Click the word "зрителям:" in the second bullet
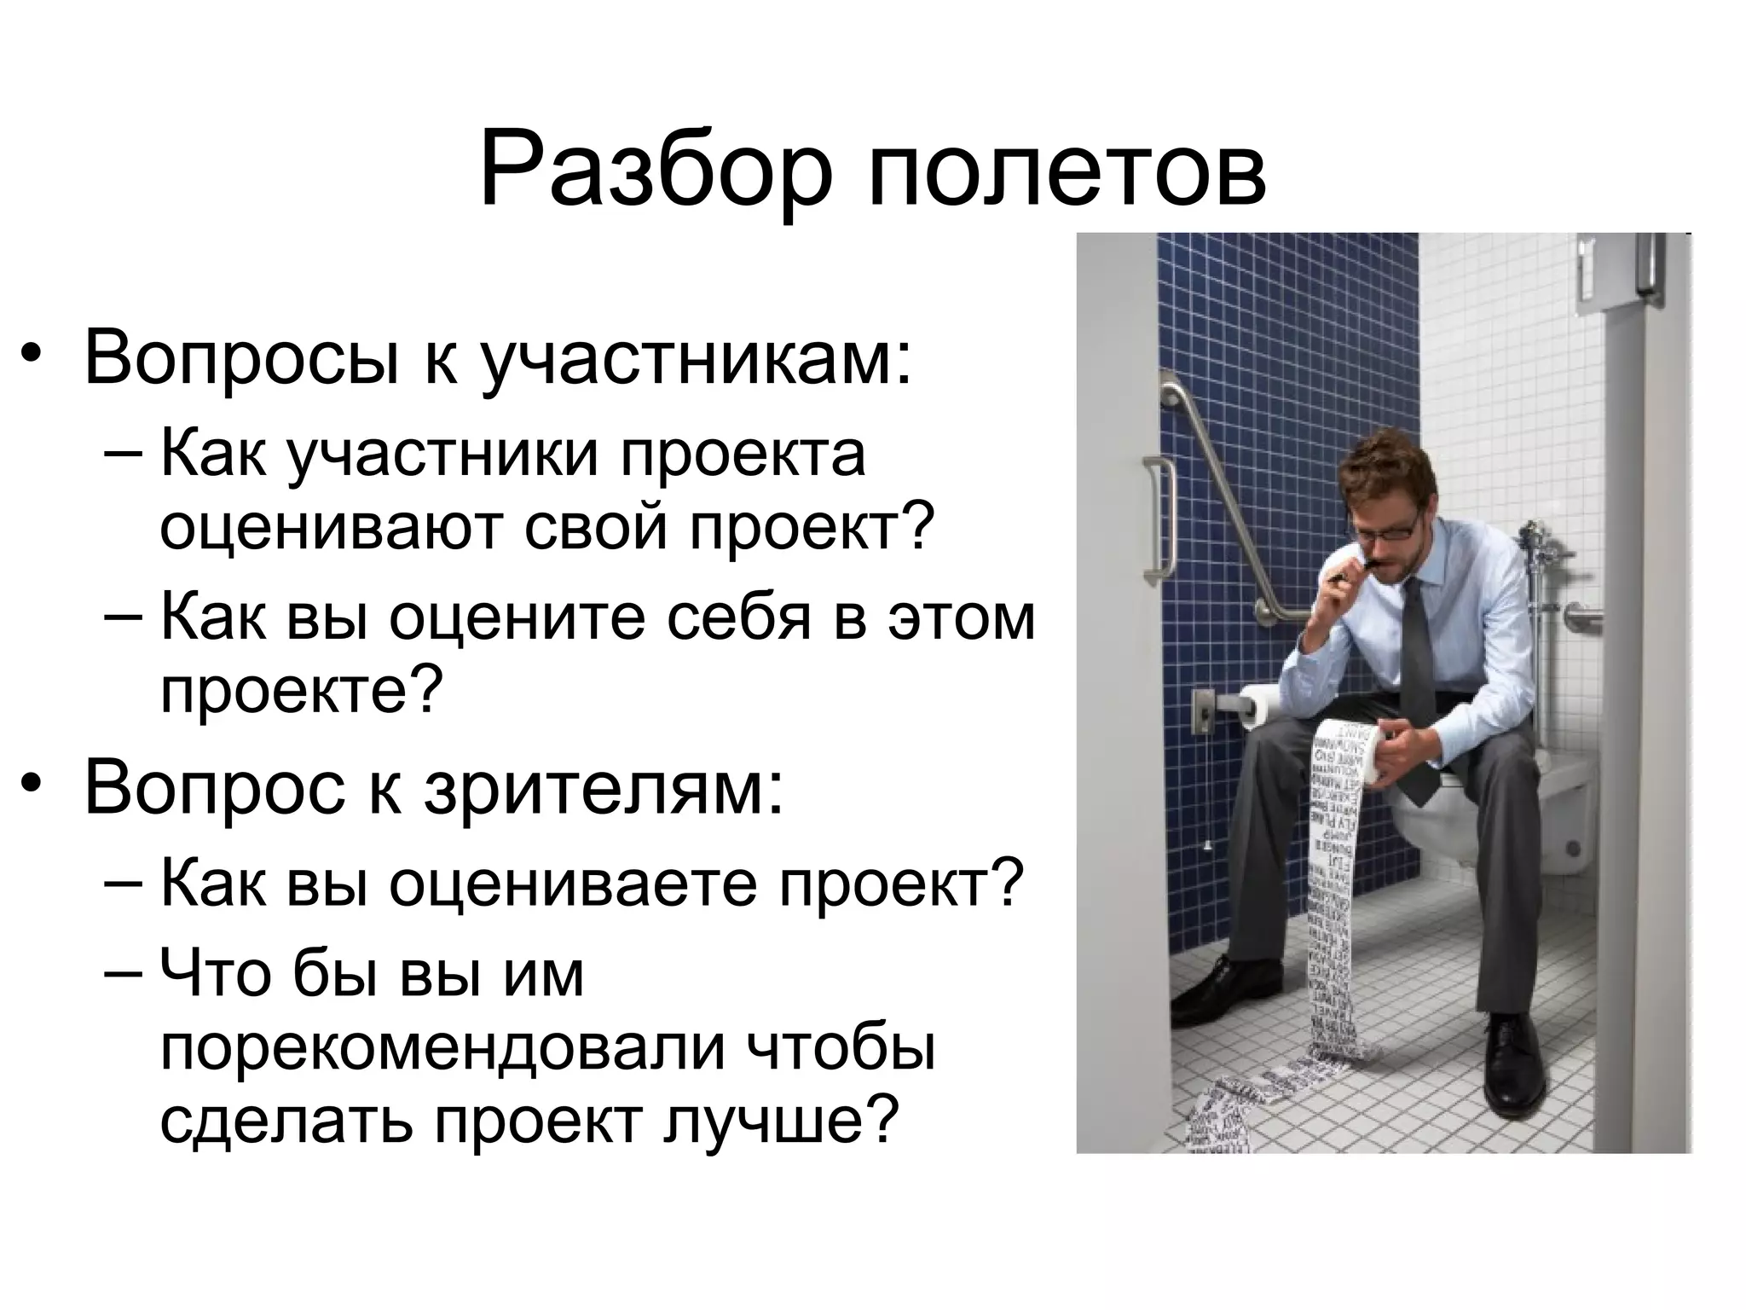point(604,787)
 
